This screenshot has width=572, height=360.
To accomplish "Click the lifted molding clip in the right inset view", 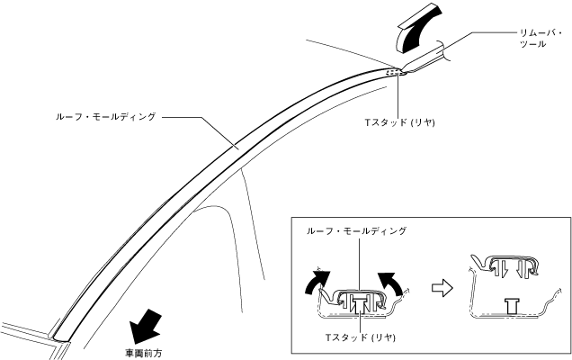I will coord(508,266).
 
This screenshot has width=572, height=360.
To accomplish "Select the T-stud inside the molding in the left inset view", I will coord(359,303).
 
